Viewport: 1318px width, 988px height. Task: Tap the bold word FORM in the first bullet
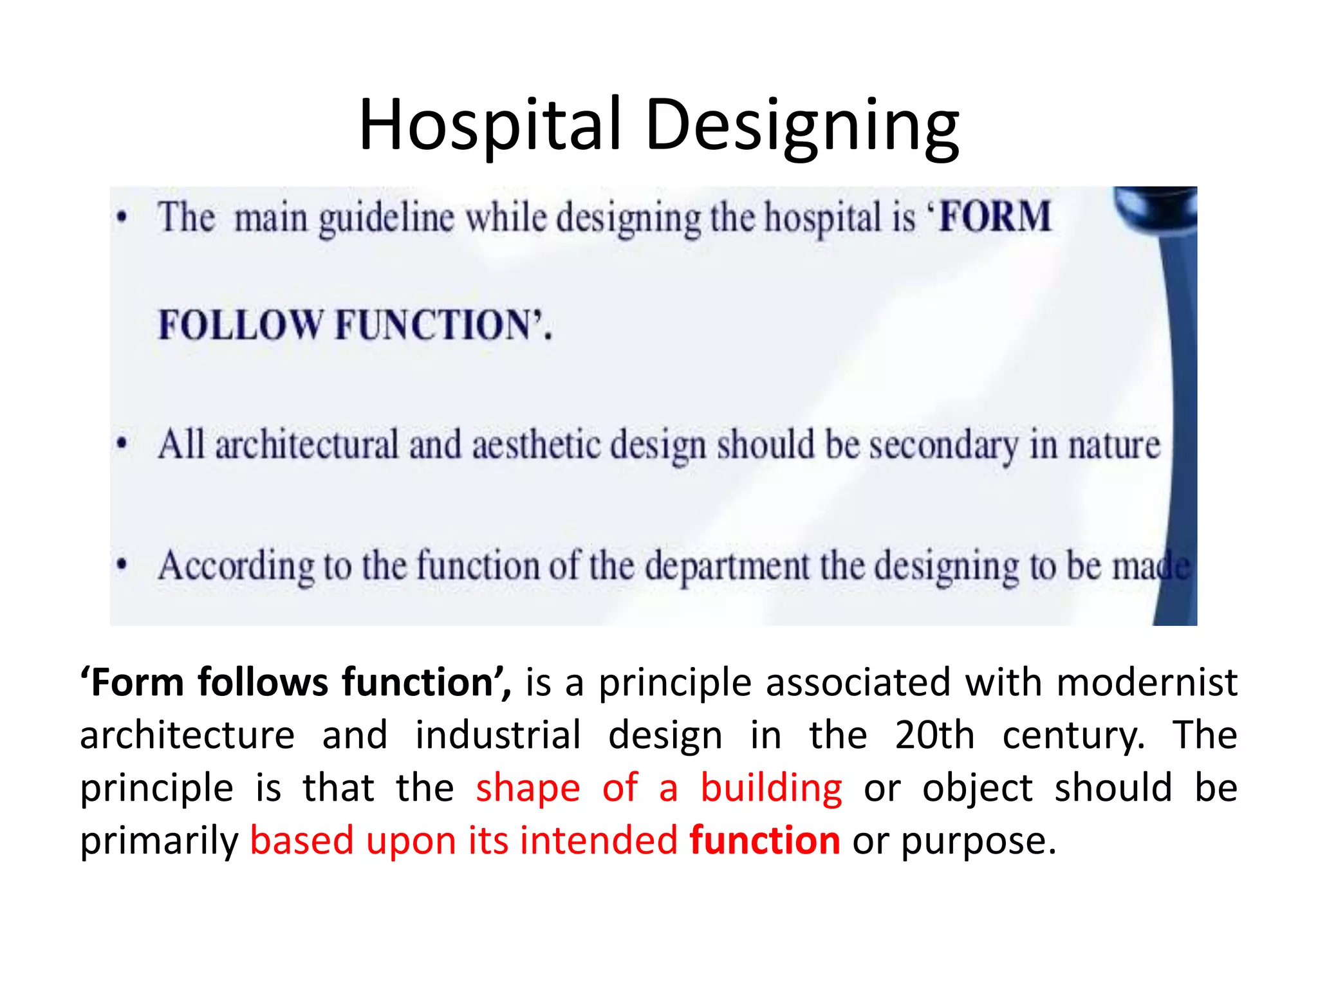994,217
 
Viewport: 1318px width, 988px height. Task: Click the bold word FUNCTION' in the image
443,325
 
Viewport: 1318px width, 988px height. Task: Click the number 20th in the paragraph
934,735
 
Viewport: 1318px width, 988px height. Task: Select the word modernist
1147,682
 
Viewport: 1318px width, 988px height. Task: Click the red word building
771,788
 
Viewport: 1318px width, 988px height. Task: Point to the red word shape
528,789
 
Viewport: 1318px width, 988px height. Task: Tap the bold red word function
765,841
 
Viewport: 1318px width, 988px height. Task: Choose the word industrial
498,735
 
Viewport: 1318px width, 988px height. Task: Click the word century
1073,736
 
